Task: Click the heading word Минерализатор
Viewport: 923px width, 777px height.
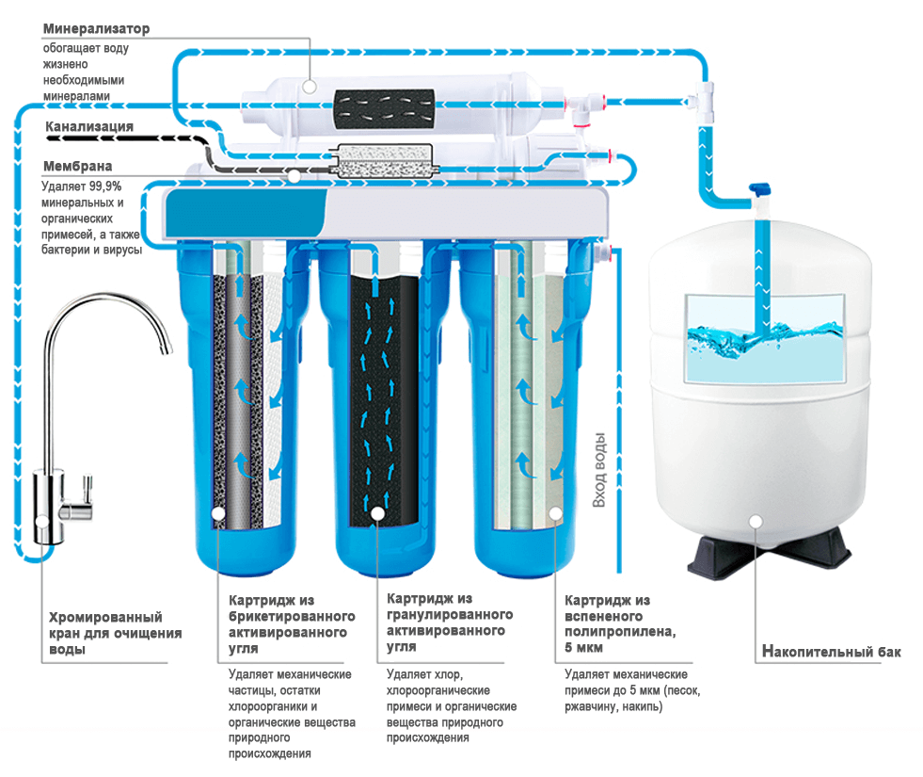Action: tap(96, 29)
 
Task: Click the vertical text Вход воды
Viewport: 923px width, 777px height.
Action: tap(599, 471)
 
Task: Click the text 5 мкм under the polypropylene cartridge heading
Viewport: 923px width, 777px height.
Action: tap(583, 649)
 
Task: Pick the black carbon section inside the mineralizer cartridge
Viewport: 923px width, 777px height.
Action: tap(384, 102)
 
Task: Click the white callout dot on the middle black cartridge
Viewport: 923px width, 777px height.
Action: tap(378, 513)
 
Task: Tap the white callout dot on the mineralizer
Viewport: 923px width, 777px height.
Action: tap(310, 88)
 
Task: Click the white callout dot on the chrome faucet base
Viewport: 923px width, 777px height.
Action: tap(40, 521)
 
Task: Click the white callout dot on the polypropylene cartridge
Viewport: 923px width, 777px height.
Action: tap(555, 513)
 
